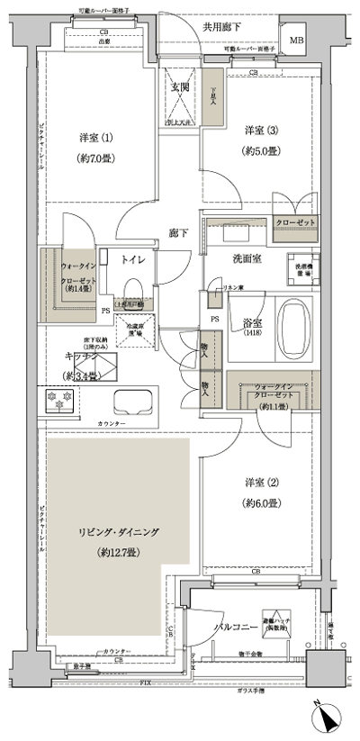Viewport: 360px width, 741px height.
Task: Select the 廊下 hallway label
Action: pyautogui.click(x=177, y=232)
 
